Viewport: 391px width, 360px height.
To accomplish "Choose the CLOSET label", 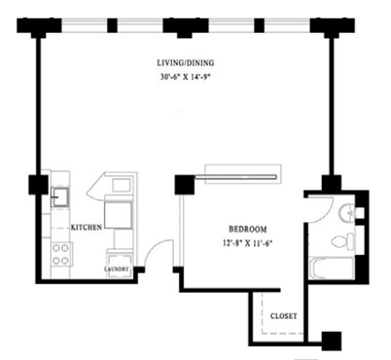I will [x=284, y=315].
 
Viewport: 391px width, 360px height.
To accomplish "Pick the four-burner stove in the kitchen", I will [x=60, y=255].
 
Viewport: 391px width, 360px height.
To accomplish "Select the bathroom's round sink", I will [x=346, y=212].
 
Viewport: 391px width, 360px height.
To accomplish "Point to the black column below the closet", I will [x=332, y=341].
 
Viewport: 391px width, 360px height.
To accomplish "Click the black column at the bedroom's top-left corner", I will [x=182, y=185].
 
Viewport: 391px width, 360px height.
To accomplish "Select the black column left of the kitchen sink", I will [x=39, y=183].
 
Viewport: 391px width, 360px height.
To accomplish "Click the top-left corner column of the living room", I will [x=39, y=25].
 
